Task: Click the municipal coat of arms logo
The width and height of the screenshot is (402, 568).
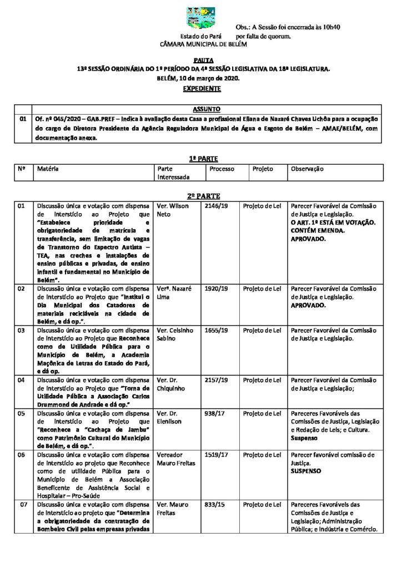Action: click(x=201, y=19)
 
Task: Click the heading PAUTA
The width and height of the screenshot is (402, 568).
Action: click(x=200, y=59)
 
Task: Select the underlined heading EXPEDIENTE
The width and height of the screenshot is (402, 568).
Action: click(x=200, y=88)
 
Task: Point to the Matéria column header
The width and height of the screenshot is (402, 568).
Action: click(x=48, y=169)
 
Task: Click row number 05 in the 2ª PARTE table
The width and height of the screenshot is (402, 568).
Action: click(x=22, y=413)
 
